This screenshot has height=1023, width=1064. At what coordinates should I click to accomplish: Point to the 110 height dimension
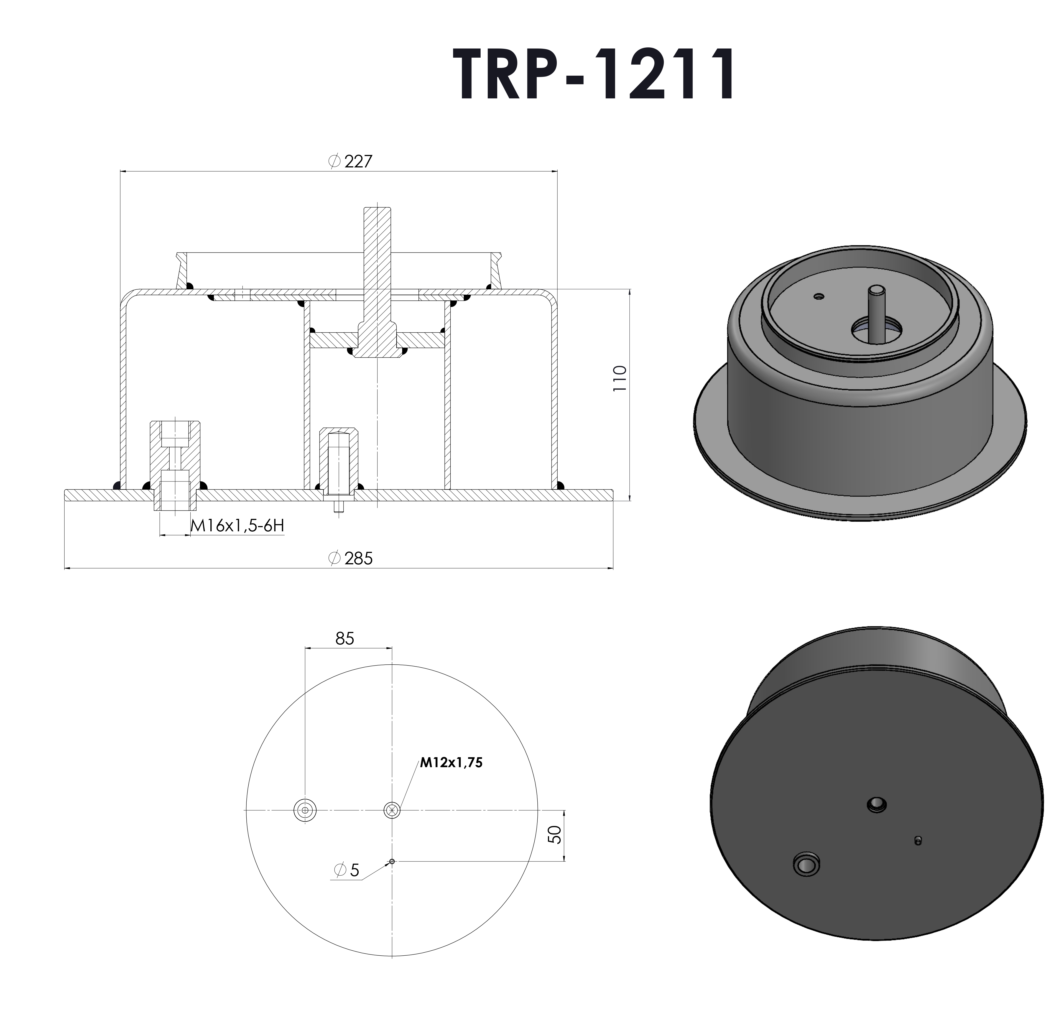point(619,379)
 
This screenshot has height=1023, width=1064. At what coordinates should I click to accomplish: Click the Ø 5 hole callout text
point(348,870)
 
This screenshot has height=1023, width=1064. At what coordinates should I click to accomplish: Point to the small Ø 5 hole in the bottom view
point(392,861)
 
